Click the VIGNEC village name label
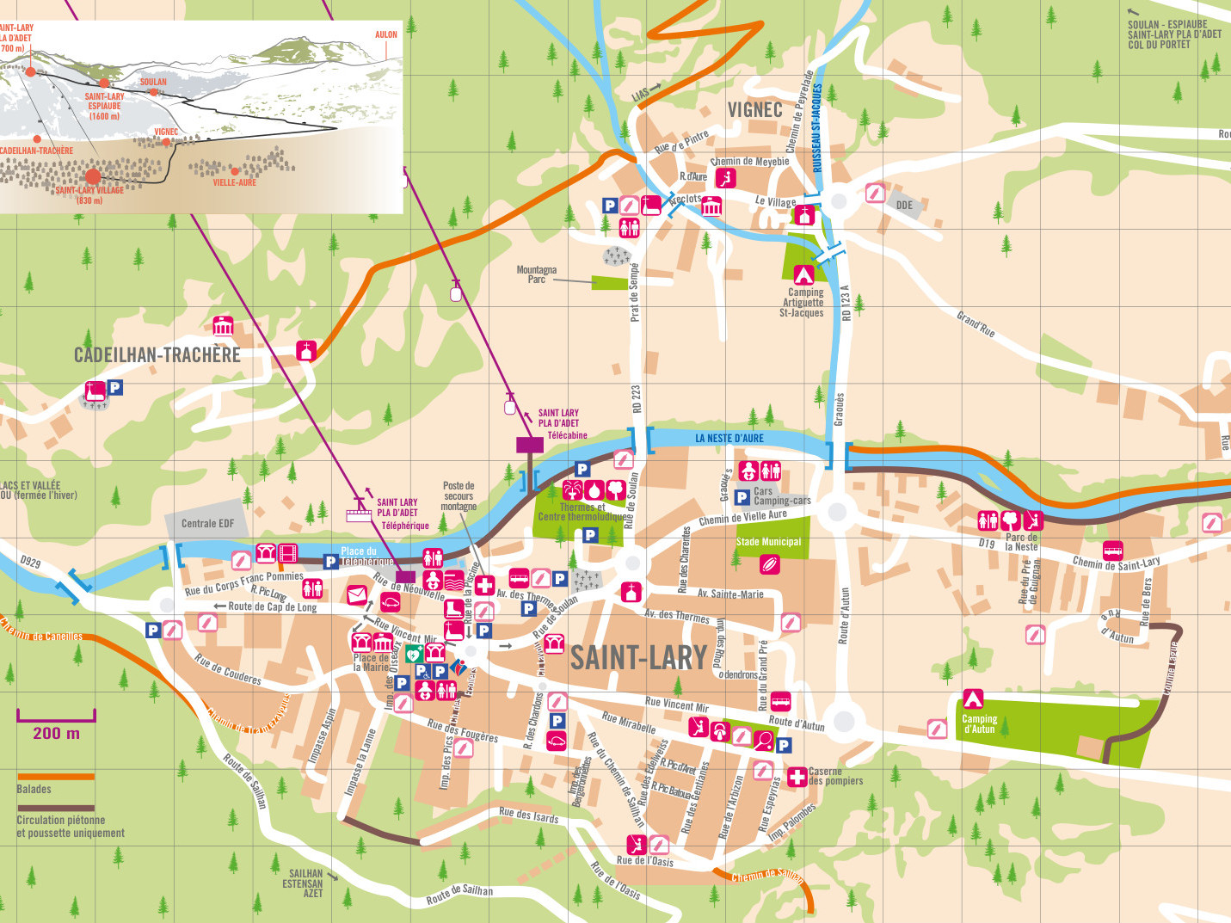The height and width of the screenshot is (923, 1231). click(754, 109)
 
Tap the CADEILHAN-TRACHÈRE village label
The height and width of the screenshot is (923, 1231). click(157, 354)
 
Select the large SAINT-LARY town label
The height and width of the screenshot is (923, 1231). click(638, 658)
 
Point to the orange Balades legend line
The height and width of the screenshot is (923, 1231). click(55, 776)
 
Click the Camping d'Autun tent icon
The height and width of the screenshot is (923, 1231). click(973, 698)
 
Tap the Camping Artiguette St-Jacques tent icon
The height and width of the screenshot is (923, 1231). click(803, 274)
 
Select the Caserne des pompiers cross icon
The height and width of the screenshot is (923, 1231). click(797, 777)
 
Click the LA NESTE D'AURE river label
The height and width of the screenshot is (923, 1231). click(729, 439)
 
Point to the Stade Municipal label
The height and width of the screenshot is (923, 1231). click(768, 542)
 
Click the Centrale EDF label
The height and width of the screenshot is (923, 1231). click(207, 523)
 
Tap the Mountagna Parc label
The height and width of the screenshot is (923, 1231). click(536, 274)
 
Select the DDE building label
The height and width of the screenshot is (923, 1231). click(904, 205)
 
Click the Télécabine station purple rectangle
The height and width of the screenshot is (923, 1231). click(530, 445)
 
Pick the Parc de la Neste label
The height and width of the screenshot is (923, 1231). click(1021, 542)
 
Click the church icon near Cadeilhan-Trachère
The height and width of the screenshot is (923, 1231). click(306, 350)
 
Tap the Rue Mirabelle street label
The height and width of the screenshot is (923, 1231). click(628, 723)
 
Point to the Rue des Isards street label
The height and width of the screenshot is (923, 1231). click(528, 815)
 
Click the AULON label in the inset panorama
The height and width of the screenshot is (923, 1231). click(386, 35)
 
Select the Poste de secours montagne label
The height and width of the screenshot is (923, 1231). click(459, 496)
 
